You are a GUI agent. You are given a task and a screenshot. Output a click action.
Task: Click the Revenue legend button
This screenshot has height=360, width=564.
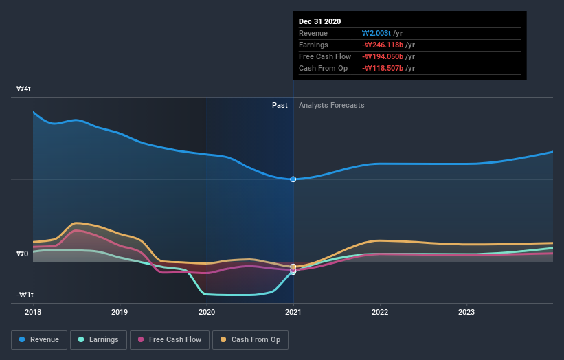[39, 339]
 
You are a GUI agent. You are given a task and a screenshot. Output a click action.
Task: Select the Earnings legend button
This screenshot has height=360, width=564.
[99, 339]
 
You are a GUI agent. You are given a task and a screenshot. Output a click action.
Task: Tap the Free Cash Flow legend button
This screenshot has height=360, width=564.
[169, 339]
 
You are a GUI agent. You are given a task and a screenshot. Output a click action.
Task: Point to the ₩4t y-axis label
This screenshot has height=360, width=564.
[24, 89]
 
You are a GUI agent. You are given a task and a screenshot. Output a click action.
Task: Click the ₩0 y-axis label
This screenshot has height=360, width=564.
[23, 254]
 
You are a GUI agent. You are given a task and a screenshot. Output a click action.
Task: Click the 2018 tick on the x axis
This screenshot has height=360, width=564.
[33, 311]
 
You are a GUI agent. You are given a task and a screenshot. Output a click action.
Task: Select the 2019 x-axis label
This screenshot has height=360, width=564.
[120, 311]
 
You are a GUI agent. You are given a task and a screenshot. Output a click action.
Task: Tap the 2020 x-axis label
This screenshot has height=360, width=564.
[207, 311]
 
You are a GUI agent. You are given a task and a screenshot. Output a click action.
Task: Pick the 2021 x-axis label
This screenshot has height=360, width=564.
[293, 311]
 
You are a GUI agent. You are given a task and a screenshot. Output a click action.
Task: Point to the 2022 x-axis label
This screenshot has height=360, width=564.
[380, 311]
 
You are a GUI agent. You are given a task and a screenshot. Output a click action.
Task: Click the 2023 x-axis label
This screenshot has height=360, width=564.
[466, 311]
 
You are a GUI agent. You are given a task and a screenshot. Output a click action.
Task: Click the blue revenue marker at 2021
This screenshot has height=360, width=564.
[293, 179]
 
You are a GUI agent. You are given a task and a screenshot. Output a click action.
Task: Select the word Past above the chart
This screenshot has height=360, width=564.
[280, 105]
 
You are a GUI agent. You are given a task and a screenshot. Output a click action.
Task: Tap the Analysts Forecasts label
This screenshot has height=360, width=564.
[331, 105]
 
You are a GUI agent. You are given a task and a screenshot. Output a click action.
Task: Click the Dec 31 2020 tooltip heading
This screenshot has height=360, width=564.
[319, 22]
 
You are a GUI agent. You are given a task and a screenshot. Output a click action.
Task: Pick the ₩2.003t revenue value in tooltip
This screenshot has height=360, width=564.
[376, 34]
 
